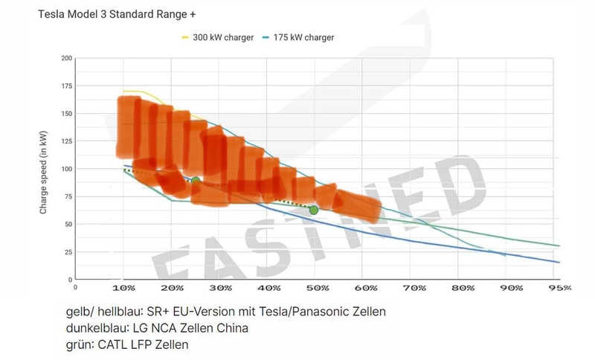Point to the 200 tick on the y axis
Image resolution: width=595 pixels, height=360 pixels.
[67, 59]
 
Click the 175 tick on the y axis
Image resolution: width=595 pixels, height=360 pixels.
[67, 86]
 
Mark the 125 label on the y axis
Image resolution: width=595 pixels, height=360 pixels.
[67, 141]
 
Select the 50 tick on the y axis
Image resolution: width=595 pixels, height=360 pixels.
[68, 224]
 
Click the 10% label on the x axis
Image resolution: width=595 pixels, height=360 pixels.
[123, 288]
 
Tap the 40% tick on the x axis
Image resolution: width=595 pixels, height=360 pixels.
[268, 288]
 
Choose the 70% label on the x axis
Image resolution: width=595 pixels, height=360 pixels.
[415, 288]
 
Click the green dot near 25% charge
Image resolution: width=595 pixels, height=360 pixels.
[196, 181]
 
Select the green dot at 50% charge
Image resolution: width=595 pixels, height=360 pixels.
[314, 210]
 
